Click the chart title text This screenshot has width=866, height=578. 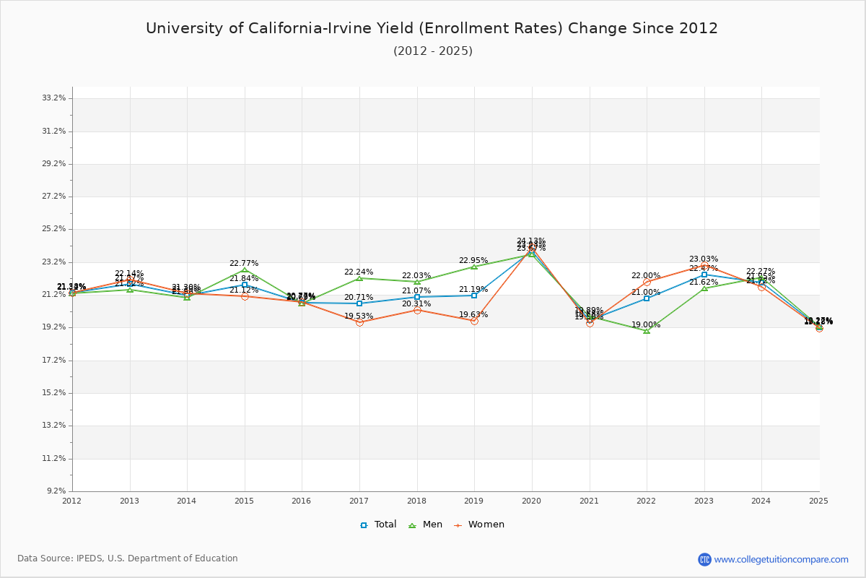click(432, 28)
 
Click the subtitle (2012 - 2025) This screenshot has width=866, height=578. click(432, 51)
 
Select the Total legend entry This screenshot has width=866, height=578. click(379, 525)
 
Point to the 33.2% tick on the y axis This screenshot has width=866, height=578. click(55, 98)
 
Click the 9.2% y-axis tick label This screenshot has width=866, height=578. click(57, 491)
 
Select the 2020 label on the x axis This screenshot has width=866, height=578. click(532, 501)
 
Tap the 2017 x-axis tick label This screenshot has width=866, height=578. click(359, 501)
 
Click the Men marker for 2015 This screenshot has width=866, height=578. click(245, 270)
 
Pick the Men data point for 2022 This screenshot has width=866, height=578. click(647, 331)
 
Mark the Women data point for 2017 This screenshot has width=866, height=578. click(359, 322)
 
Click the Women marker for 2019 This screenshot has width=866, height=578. click(474, 321)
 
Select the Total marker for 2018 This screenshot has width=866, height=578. click(417, 297)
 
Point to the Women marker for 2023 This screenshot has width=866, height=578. click(704, 265)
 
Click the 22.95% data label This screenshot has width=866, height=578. click(473, 261)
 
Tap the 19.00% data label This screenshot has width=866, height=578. click(646, 325)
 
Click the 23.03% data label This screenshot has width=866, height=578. click(704, 259)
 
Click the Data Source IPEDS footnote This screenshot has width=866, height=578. click(128, 558)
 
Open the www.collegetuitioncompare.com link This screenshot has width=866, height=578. click(781, 559)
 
